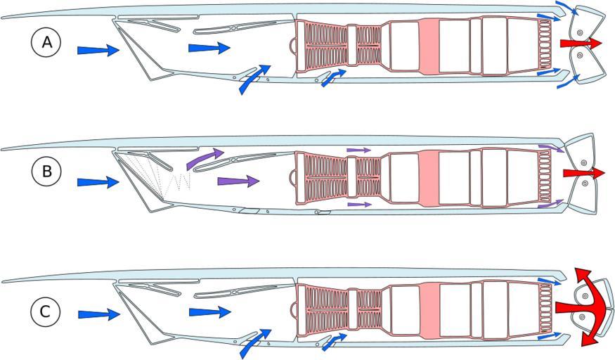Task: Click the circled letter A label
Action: (x=46, y=42)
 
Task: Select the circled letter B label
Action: (x=46, y=172)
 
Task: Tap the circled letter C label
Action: (x=46, y=312)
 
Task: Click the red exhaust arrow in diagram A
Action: (x=581, y=43)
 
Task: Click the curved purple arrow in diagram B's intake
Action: (x=204, y=157)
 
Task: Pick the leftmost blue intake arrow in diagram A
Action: (x=98, y=50)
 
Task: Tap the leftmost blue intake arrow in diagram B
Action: (x=98, y=182)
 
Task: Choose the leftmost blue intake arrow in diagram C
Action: (x=99, y=314)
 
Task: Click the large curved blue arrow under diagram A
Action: (x=254, y=79)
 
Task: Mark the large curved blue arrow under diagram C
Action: (x=255, y=343)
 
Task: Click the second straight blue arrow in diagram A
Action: (x=209, y=48)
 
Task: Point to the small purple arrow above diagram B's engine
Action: (x=359, y=150)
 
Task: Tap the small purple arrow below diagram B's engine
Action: (x=359, y=205)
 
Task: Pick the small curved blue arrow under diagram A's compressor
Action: (x=333, y=77)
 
